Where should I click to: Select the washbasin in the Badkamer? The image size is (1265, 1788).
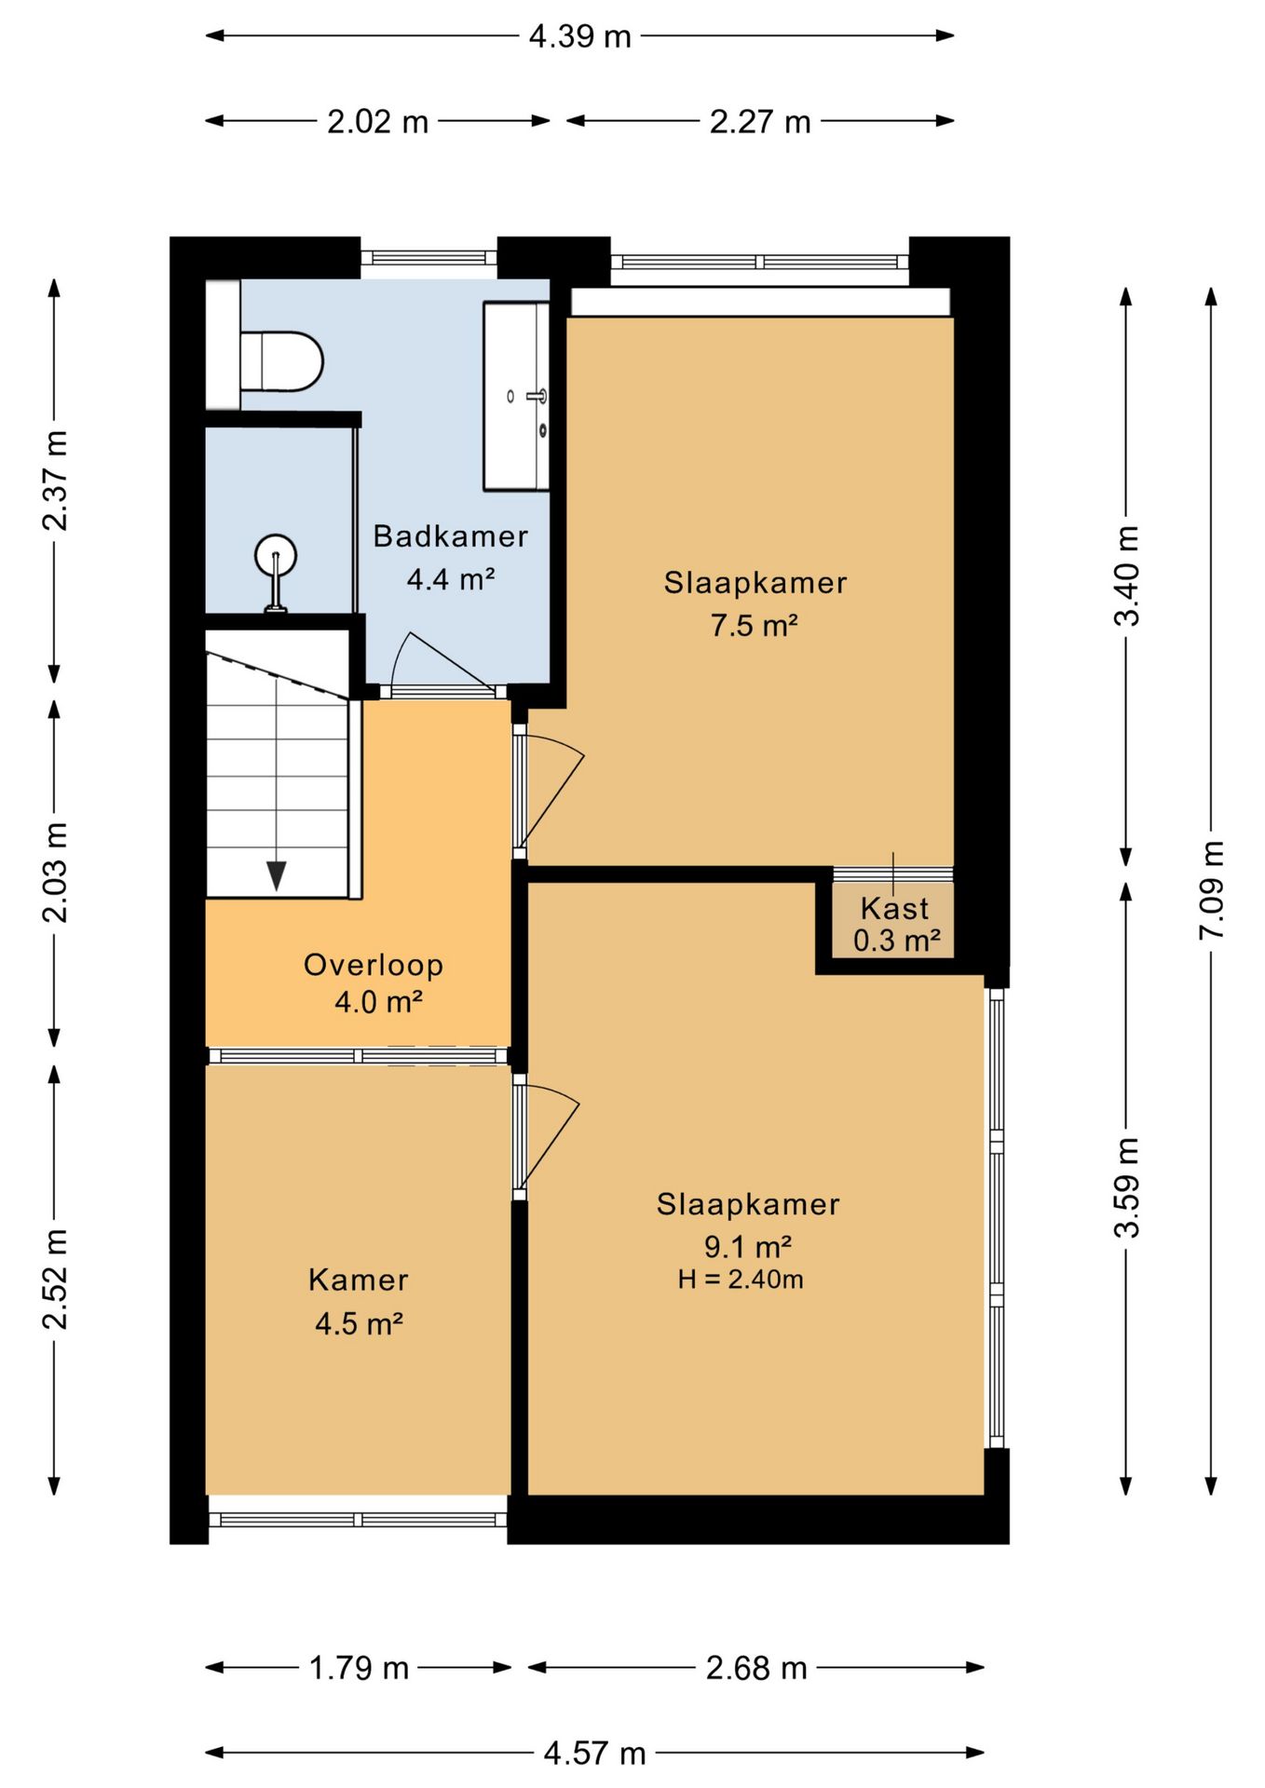click(x=516, y=396)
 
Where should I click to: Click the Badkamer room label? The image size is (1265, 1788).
click(x=451, y=536)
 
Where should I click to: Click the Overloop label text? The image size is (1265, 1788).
click(x=374, y=965)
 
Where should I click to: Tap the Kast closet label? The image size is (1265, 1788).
click(x=895, y=908)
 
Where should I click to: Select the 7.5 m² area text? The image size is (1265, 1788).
click(x=755, y=625)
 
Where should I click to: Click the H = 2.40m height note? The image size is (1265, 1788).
click(x=741, y=1279)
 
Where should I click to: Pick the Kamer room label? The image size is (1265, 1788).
click(x=359, y=1280)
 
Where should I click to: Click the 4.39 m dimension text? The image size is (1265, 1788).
click(x=580, y=36)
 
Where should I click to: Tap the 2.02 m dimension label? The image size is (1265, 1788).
click(x=377, y=122)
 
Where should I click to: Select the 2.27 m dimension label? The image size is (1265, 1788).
click(x=760, y=122)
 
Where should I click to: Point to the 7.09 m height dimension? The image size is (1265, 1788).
click(x=1211, y=890)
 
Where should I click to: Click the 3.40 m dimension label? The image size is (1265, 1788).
click(x=1127, y=576)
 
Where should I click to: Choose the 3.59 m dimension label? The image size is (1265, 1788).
click(x=1127, y=1187)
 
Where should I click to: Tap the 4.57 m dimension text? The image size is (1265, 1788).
click(x=594, y=1754)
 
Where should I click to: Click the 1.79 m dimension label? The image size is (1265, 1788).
click(x=359, y=1668)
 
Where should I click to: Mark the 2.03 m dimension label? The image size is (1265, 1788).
click(x=55, y=873)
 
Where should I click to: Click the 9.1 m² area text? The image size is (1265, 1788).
click(x=748, y=1246)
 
